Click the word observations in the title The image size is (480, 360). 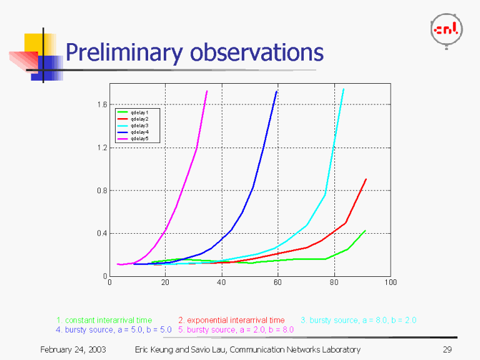coord(257,52)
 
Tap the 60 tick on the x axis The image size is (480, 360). coord(277,282)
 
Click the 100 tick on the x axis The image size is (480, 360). coord(391,282)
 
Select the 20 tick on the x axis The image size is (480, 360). coord(165,282)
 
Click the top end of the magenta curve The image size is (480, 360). coord(207,91)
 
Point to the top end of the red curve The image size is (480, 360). coord(366,179)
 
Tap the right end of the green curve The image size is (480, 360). coord(365,231)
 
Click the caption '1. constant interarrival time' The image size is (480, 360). coord(104,321)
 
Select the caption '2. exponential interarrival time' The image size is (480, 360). coord(231,321)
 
